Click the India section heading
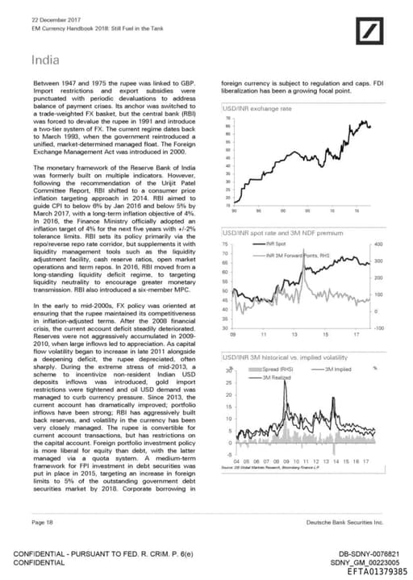tap(44, 59)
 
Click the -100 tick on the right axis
tap(378, 328)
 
